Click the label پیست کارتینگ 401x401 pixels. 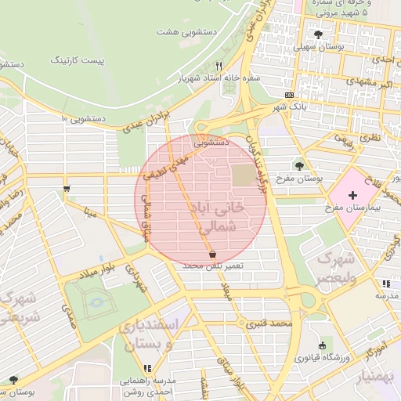pyautogui.click(x=76, y=60)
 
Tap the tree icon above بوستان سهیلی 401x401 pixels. pyautogui.click(x=317, y=34)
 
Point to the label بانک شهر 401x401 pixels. pyautogui.click(x=289, y=106)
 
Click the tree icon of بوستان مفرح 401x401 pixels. pyautogui.click(x=300, y=165)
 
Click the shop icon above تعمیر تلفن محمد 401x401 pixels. pyautogui.click(x=212, y=255)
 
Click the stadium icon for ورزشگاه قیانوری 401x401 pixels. pyautogui.click(x=322, y=345)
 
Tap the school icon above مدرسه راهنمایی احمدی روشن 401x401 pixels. pyautogui.click(x=147, y=368)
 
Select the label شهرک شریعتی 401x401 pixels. pyautogui.click(x=20, y=308)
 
